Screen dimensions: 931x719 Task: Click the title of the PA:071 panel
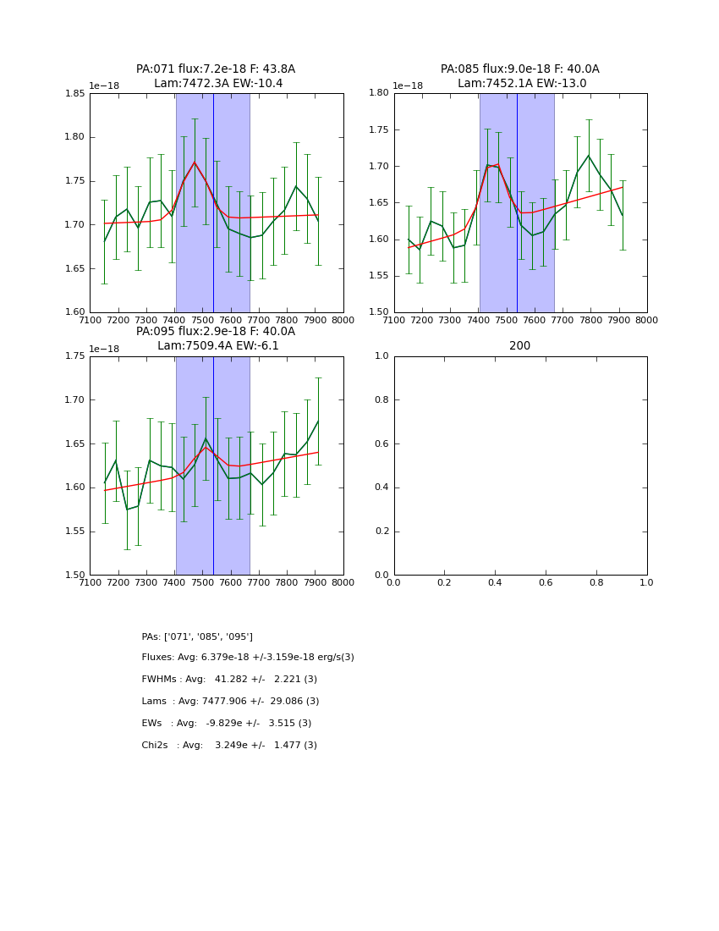216,76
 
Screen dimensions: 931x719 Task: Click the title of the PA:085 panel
520,76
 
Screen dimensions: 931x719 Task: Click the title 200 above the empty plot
520,346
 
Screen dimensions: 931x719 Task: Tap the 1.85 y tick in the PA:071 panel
75,93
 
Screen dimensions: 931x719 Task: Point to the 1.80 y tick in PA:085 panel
379,93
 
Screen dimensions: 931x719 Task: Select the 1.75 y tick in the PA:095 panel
75,356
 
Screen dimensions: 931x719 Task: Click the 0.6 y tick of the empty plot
381,443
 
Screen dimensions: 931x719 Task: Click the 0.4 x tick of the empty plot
495,582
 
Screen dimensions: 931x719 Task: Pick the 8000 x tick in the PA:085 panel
647,320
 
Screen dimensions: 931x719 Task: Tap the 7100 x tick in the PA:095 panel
91,582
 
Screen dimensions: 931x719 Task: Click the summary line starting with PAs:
197,636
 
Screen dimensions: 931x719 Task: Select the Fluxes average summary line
248,658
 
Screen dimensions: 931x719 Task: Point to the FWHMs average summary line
229,680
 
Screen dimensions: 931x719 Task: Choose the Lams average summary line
230,702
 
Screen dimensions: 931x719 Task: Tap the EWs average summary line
227,724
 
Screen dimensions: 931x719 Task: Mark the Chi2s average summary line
229,746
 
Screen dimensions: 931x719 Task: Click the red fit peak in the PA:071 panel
195,162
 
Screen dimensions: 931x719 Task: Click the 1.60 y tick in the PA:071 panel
75,312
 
